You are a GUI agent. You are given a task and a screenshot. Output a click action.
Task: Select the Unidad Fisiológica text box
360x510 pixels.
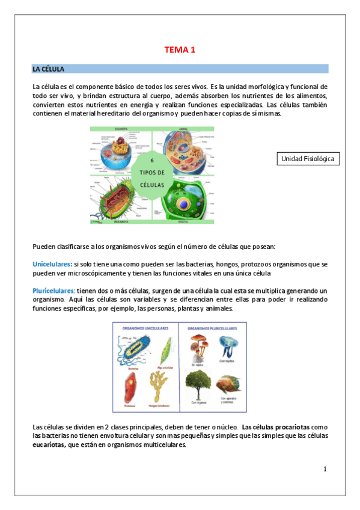pos(307,159)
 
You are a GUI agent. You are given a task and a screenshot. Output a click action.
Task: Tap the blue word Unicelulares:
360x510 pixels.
pos(52,264)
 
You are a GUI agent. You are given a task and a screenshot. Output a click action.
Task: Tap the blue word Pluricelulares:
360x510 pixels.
pos(53,290)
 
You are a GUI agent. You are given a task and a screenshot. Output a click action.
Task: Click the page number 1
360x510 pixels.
pos(325,469)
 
